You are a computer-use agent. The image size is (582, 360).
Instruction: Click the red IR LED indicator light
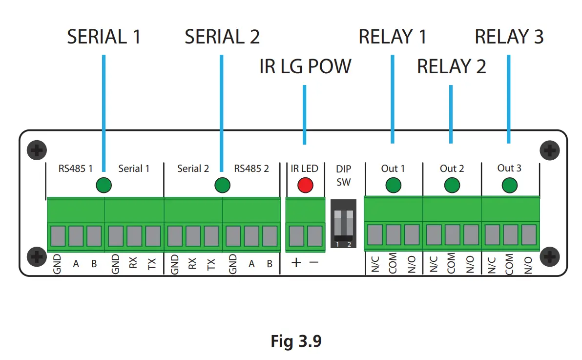305,185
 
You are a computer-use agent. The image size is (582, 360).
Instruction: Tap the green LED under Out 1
393,185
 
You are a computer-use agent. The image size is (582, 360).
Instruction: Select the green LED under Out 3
509,185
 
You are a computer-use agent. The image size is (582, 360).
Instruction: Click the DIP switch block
343,224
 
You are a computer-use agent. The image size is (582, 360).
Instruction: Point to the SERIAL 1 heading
104,37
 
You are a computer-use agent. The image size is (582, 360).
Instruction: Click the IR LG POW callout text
305,66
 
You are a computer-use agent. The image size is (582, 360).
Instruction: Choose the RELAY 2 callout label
451,66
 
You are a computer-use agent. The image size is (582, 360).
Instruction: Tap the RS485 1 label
75,169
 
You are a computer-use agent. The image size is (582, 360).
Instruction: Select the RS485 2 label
251,169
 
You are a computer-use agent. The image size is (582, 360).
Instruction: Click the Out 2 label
452,169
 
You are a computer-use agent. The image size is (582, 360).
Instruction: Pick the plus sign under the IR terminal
296,263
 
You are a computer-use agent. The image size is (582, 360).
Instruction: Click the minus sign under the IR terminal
314,262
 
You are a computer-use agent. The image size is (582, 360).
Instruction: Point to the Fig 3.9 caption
296,340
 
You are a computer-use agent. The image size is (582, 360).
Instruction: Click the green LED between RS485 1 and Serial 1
104,185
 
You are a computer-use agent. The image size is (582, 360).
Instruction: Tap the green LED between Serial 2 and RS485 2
222,185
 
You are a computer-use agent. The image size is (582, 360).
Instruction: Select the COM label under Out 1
393,263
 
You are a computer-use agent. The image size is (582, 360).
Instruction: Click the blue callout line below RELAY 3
508,99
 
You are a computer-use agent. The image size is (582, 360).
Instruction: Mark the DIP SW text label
343,175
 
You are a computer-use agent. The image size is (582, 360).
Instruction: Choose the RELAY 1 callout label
393,37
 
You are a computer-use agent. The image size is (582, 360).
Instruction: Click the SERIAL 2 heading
222,37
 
